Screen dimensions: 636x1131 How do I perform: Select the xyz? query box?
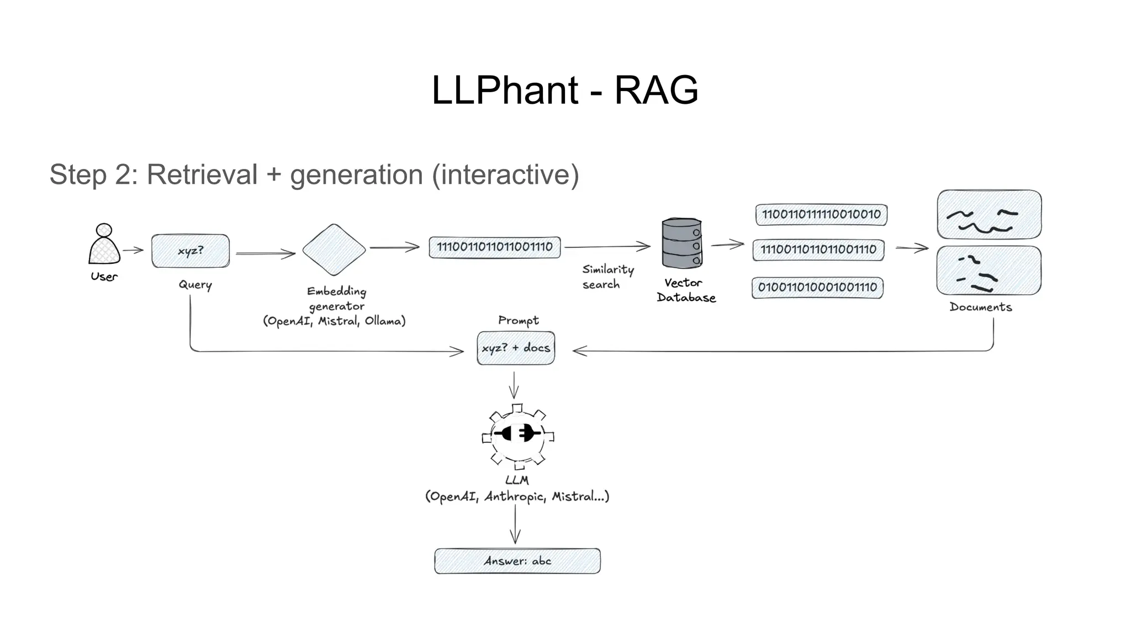(x=191, y=251)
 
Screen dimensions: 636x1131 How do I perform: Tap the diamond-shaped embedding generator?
(x=334, y=250)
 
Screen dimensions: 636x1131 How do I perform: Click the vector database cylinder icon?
(x=682, y=243)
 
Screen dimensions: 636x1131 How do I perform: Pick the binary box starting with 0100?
(x=817, y=288)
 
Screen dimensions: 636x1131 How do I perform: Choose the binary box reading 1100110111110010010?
(x=821, y=215)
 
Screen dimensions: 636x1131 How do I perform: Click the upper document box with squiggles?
(x=989, y=215)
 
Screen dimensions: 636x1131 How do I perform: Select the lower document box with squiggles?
(x=989, y=271)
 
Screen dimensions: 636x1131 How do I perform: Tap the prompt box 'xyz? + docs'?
(x=516, y=348)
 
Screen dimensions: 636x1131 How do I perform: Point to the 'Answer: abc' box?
(x=517, y=561)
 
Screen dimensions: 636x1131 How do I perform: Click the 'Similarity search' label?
(x=607, y=277)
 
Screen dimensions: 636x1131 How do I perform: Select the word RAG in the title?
(x=656, y=90)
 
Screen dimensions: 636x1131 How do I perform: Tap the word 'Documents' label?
(x=981, y=308)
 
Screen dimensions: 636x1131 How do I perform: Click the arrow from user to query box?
(x=133, y=250)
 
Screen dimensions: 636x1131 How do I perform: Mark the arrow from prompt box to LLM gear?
(x=514, y=385)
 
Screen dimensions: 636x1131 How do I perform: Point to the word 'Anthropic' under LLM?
(x=515, y=497)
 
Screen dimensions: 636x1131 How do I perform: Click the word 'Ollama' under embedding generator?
(x=385, y=321)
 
